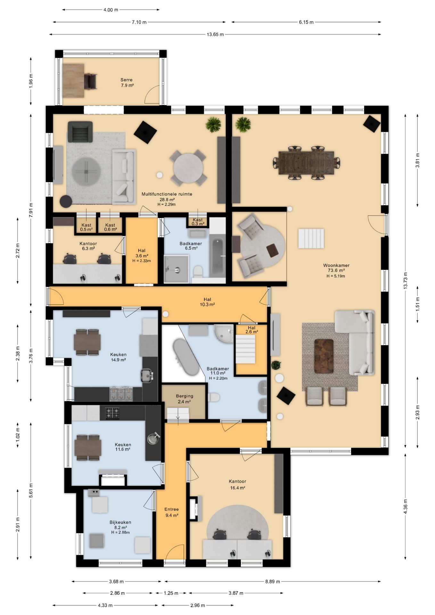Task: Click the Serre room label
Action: (x=127, y=83)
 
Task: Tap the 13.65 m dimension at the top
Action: (x=215, y=34)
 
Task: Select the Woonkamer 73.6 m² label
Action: (x=336, y=268)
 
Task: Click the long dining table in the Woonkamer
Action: (x=306, y=163)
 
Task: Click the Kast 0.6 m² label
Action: (x=110, y=227)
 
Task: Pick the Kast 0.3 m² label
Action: (x=198, y=222)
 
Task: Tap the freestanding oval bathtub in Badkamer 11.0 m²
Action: (x=186, y=357)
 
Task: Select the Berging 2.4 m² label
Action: (x=185, y=399)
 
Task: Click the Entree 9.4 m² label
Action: (x=172, y=512)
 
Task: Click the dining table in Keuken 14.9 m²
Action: (x=87, y=342)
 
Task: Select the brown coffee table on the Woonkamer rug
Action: (x=324, y=356)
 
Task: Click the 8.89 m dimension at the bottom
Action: (x=273, y=581)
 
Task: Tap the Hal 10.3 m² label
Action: (x=207, y=302)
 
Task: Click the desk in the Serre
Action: (x=73, y=80)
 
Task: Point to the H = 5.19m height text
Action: (x=336, y=276)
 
